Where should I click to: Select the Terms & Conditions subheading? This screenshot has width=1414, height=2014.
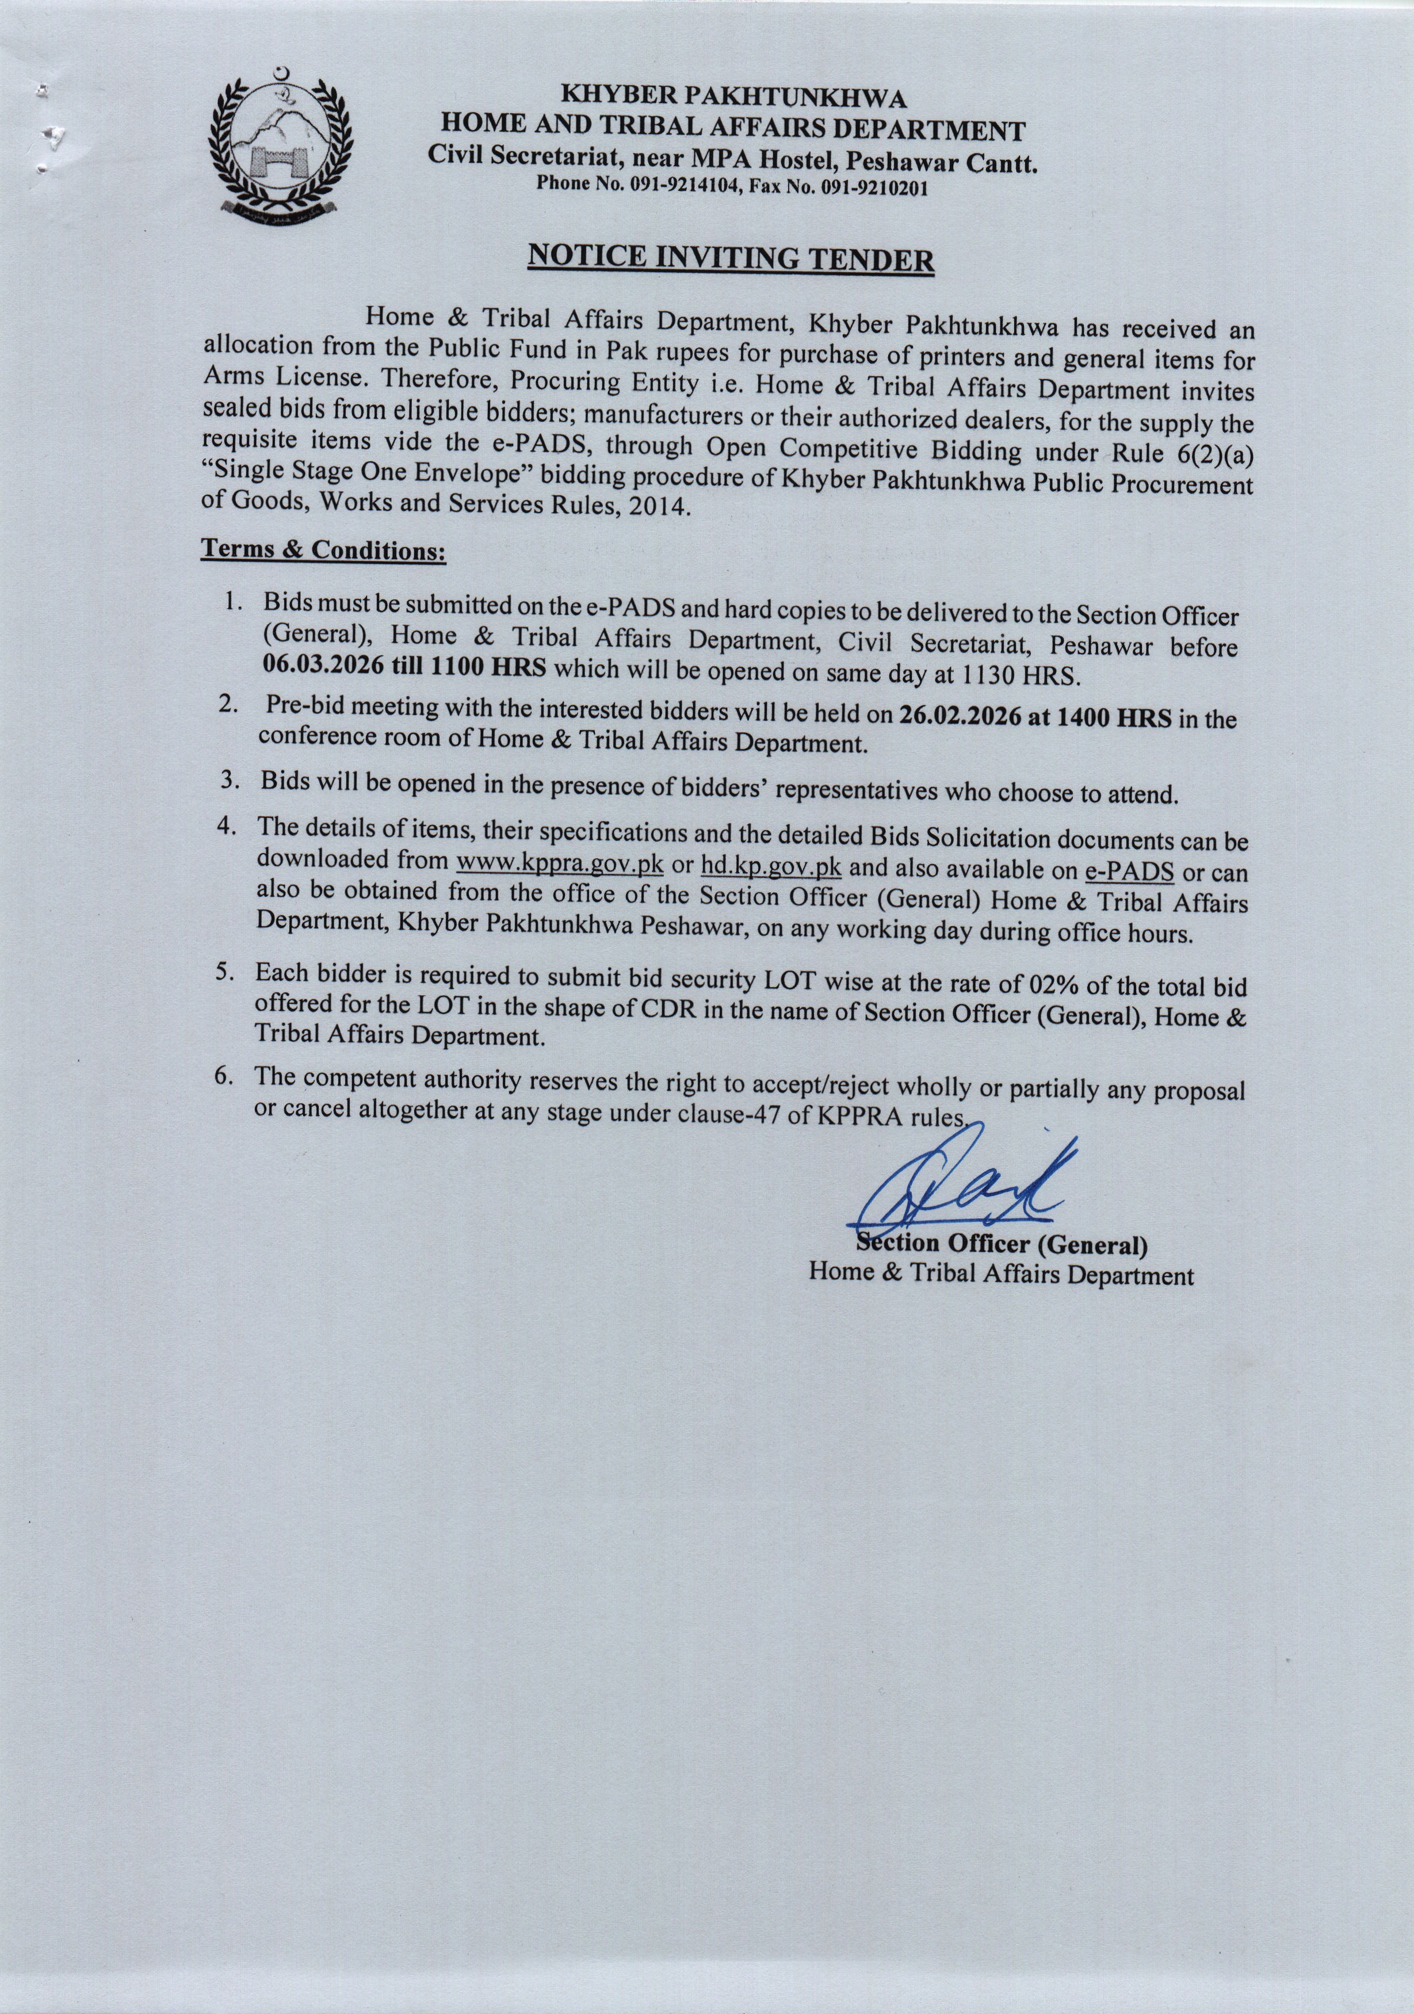324,551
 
